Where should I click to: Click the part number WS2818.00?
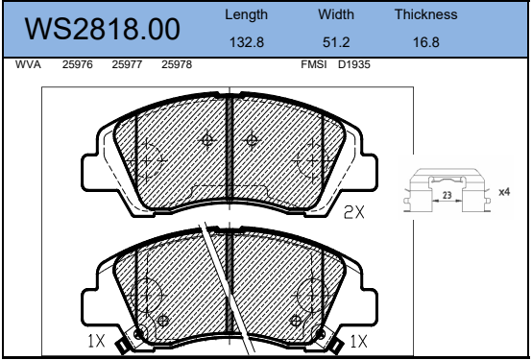(102, 29)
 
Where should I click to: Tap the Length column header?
(247, 15)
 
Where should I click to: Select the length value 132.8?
(247, 42)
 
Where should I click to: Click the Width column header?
(336, 14)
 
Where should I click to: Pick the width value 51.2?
(336, 42)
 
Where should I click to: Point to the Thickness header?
(425, 14)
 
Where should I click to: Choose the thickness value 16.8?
(425, 42)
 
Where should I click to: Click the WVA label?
(28, 64)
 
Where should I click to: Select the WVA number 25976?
(78, 64)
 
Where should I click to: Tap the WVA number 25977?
(127, 64)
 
